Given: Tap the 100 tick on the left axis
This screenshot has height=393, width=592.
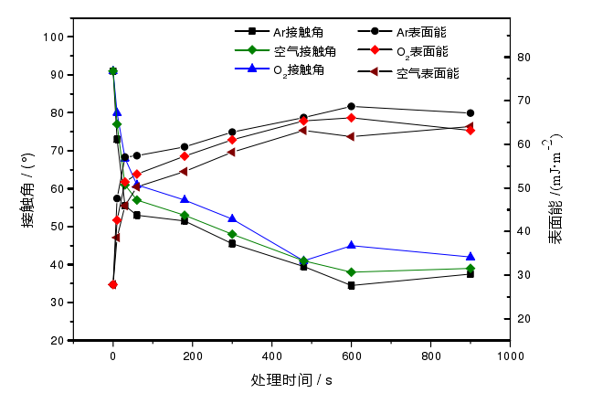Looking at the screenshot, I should tap(52, 37).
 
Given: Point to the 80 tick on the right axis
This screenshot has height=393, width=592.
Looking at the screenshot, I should tap(523, 58).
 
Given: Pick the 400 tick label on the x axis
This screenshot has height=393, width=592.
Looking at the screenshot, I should tap(271, 356).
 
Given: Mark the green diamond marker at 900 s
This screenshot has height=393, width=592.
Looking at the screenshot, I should tap(470, 269).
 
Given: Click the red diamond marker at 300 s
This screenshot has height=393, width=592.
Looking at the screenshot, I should tap(232, 140).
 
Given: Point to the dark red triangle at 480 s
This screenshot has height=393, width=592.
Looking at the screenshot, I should tap(303, 130).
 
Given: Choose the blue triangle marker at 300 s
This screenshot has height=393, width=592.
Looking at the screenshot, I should tap(232, 218).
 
